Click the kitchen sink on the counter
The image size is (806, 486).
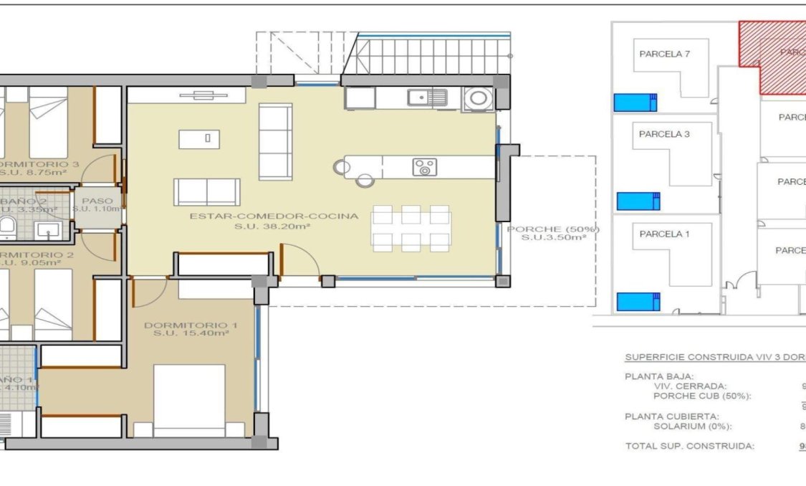[x=428, y=97]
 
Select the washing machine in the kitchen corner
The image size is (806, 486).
[x=478, y=97]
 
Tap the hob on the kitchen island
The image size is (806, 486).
[x=424, y=167]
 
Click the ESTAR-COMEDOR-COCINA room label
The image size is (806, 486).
[x=274, y=216]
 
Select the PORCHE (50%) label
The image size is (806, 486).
[x=552, y=229]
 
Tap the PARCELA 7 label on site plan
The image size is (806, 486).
[x=664, y=54]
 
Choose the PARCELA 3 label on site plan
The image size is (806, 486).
[x=664, y=134]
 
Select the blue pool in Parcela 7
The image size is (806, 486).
[x=635, y=103]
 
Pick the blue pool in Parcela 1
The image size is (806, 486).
[x=638, y=302]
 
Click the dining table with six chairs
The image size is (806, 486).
[x=411, y=228]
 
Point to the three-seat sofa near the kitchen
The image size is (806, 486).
[x=275, y=141]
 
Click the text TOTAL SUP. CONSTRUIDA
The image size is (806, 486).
[x=689, y=446]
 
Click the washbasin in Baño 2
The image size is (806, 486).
[x=48, y=230]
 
